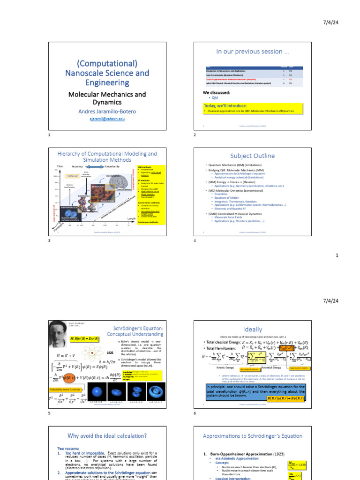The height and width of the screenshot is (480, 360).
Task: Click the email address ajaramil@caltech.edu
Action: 107,120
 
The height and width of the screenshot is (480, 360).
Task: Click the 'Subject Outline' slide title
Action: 252,156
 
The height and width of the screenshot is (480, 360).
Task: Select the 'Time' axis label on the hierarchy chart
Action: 60,166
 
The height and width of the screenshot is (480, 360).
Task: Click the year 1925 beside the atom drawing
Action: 111,352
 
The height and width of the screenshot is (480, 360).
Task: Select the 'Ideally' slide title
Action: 252,330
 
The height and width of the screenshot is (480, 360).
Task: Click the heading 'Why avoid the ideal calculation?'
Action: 107,436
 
